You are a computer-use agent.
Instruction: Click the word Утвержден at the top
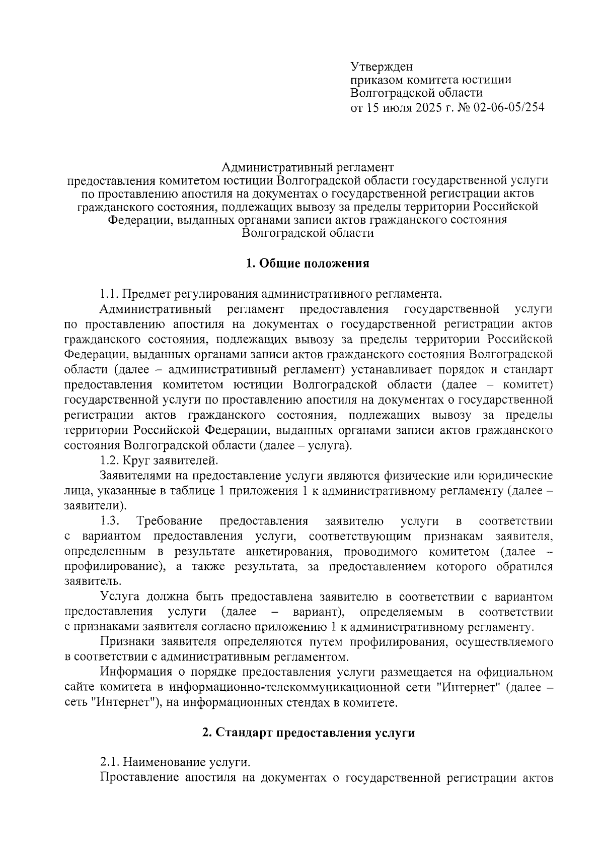381,66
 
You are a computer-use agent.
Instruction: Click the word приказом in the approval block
376,80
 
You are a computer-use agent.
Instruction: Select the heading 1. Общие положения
308,263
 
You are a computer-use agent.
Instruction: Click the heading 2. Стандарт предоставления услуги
308,733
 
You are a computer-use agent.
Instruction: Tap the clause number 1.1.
110,294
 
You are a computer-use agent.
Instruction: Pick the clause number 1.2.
110,460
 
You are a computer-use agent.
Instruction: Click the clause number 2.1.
110,761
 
